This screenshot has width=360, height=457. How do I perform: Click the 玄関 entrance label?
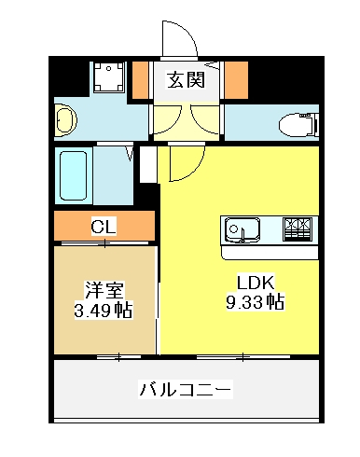(186, 80)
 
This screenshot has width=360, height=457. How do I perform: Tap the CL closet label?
(104, 226)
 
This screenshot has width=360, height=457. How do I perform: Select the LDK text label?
(256, 283)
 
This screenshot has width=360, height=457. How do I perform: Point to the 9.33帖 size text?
(256, 301)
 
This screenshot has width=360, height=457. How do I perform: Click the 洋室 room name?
(104, 290)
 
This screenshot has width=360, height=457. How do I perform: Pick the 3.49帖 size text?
(104, 310)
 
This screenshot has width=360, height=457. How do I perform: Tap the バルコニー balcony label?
(186, 390)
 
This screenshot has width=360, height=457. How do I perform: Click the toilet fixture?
(298, 126)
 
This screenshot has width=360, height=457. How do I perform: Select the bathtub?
(74, 175)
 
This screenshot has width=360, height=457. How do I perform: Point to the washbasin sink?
(65, 120)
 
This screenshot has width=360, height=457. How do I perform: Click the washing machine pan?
(109, 77)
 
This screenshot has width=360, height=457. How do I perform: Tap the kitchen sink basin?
(242, 229)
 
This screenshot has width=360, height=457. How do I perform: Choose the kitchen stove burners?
(298, 229)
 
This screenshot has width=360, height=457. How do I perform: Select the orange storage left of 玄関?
(140, 80)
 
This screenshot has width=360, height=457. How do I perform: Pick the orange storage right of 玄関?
(236, 80)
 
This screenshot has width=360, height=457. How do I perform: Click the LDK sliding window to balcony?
(243, 357)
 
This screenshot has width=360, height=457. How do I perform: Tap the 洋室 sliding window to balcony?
(118, 357)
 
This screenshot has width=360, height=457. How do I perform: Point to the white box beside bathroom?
(148, 164)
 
